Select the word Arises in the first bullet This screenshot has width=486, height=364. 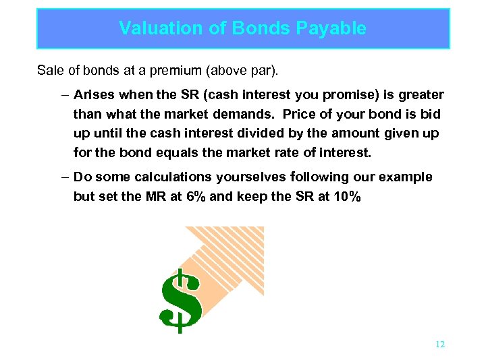94,95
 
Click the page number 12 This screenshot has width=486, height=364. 440,344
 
